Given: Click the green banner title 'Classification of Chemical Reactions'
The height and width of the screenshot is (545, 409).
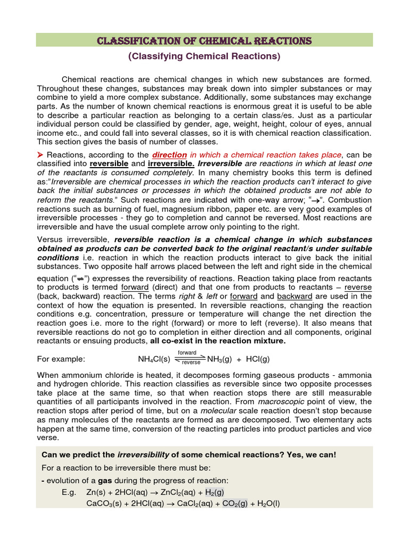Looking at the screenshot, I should [204, 41].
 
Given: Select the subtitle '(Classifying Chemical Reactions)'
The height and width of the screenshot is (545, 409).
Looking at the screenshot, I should [204, 56].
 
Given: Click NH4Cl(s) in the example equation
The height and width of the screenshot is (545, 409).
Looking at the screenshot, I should [154, 359].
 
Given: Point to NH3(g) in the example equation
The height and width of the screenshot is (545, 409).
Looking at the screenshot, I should [220, 359].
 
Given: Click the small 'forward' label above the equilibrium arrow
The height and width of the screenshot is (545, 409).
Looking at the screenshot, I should [187, 353].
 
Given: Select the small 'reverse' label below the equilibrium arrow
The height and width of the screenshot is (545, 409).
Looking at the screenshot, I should [191, 363].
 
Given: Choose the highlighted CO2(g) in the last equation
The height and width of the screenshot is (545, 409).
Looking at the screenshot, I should [234, 503].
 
